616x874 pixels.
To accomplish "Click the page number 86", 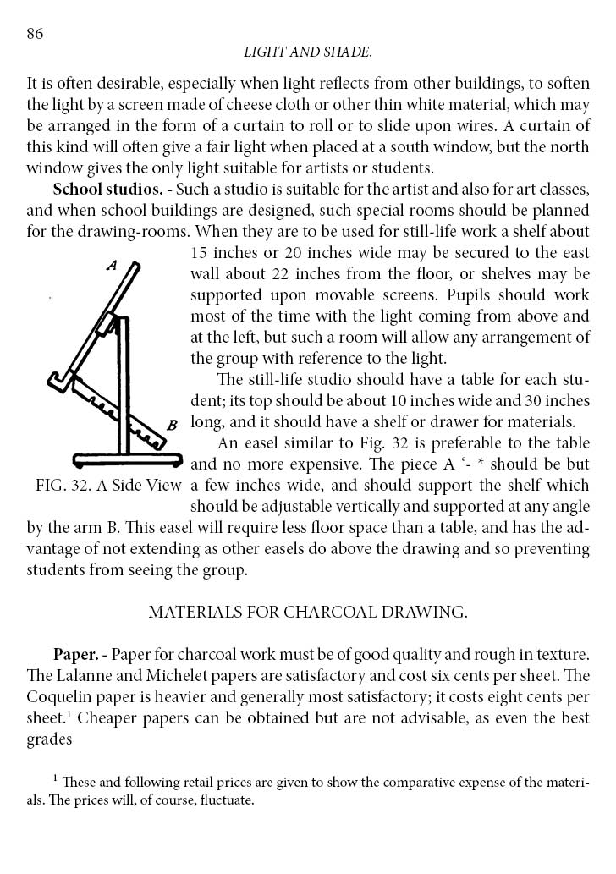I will click(35, 34).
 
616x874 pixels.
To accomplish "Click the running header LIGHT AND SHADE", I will click(307, 52).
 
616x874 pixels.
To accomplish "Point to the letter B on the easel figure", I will click(172, 425).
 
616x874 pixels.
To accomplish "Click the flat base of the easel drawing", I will click(128, 460).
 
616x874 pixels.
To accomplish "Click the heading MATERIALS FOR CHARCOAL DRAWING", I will click(308, 612).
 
